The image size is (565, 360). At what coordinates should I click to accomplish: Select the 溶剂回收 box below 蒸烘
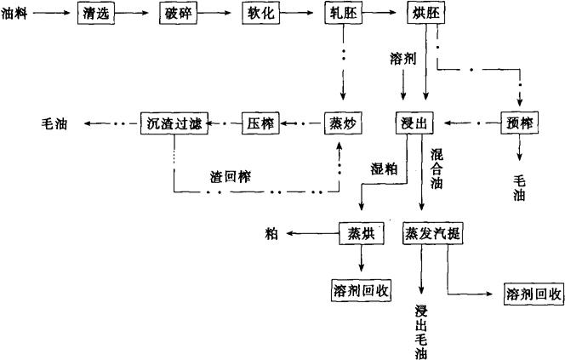pos(361,289)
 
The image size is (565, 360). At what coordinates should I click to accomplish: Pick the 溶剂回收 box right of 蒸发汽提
pos(533,294)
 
